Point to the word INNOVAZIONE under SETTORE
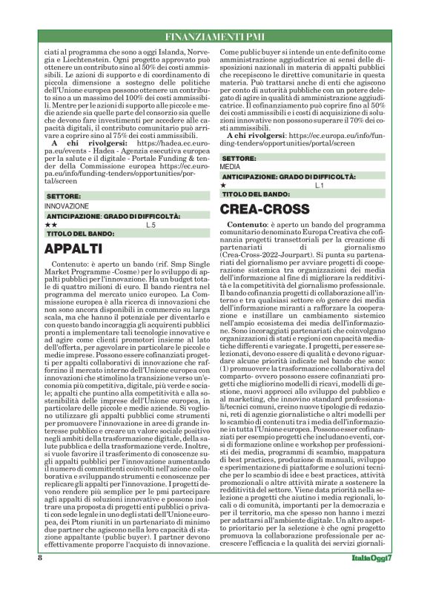click(x=67, y=205)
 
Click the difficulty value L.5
click(x=150, y=224)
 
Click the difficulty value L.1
click(x=320, y=185)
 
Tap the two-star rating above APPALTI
click(x=50, y=224)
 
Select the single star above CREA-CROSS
click(x=224, y=185)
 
